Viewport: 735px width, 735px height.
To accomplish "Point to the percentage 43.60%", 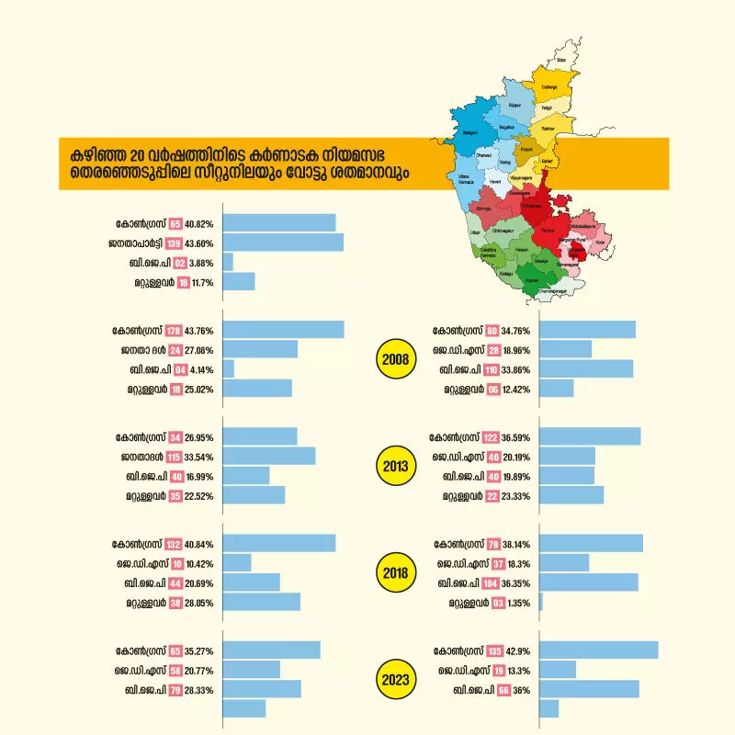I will (x=199, y=243).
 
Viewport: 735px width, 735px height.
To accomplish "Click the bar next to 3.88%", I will (x=227, y=263).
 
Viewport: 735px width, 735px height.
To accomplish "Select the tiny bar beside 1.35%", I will (x=541, y=603).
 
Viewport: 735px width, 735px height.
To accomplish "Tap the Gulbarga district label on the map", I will (x=550, y=88).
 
